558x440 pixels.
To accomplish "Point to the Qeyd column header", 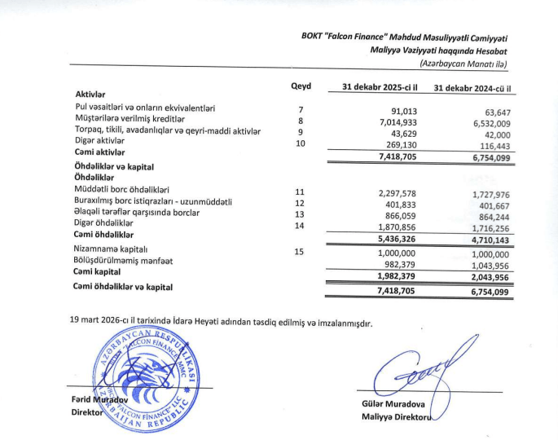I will (301, 86).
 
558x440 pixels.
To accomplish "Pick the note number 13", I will (299, 214).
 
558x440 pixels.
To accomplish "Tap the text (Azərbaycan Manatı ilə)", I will (463, 64).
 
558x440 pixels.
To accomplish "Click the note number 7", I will (301, 109).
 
